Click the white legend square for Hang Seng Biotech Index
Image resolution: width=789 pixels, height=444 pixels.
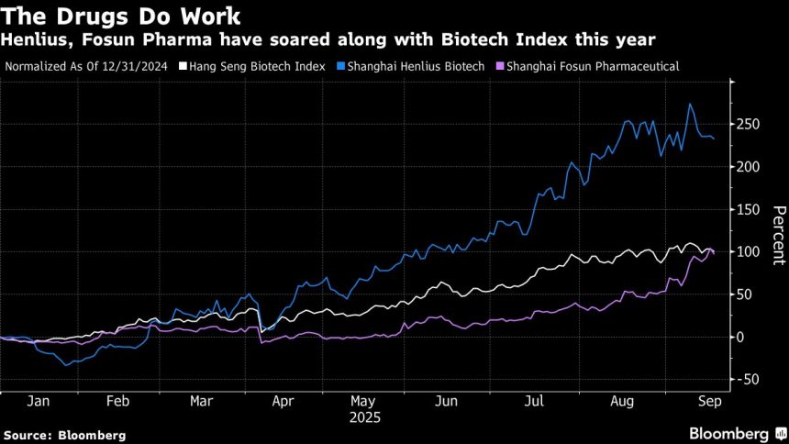(x=183, y=66)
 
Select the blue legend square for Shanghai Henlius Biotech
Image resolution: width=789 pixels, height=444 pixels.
(x=341, y=66)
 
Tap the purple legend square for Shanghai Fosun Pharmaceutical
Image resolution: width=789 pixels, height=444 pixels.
(x=501, y=66)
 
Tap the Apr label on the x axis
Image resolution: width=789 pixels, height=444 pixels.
(x=283, y=401)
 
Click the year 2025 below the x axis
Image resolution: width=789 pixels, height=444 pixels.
(x=364, y=417)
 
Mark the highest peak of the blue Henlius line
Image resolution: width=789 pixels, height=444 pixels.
(x=690, y=105)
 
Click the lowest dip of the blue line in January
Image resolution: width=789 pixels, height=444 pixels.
(x=66, y=365)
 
